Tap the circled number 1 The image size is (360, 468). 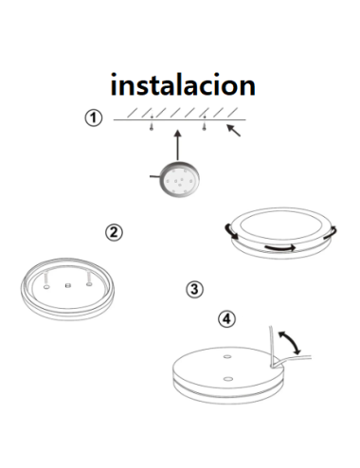pyautogui.click(x=92, y=118)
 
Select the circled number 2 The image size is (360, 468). pyautogui.click(x=113, y=232)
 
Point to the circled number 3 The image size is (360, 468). pyautogui.click(x=194, y=289)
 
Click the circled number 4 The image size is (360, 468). pyautogui.click(x=225, y=318)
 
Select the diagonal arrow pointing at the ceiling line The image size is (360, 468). pyautogui.click(x=233, y=131)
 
